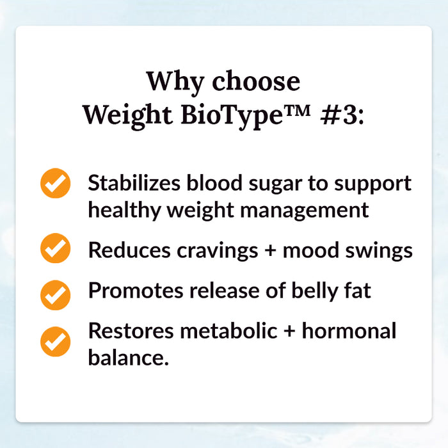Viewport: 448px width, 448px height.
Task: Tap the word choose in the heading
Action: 255,81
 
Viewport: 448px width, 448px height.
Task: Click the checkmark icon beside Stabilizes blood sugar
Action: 56,184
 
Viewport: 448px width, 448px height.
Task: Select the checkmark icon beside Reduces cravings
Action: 56,250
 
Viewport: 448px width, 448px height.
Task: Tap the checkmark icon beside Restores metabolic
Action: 56,340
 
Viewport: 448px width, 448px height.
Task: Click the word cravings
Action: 212,251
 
